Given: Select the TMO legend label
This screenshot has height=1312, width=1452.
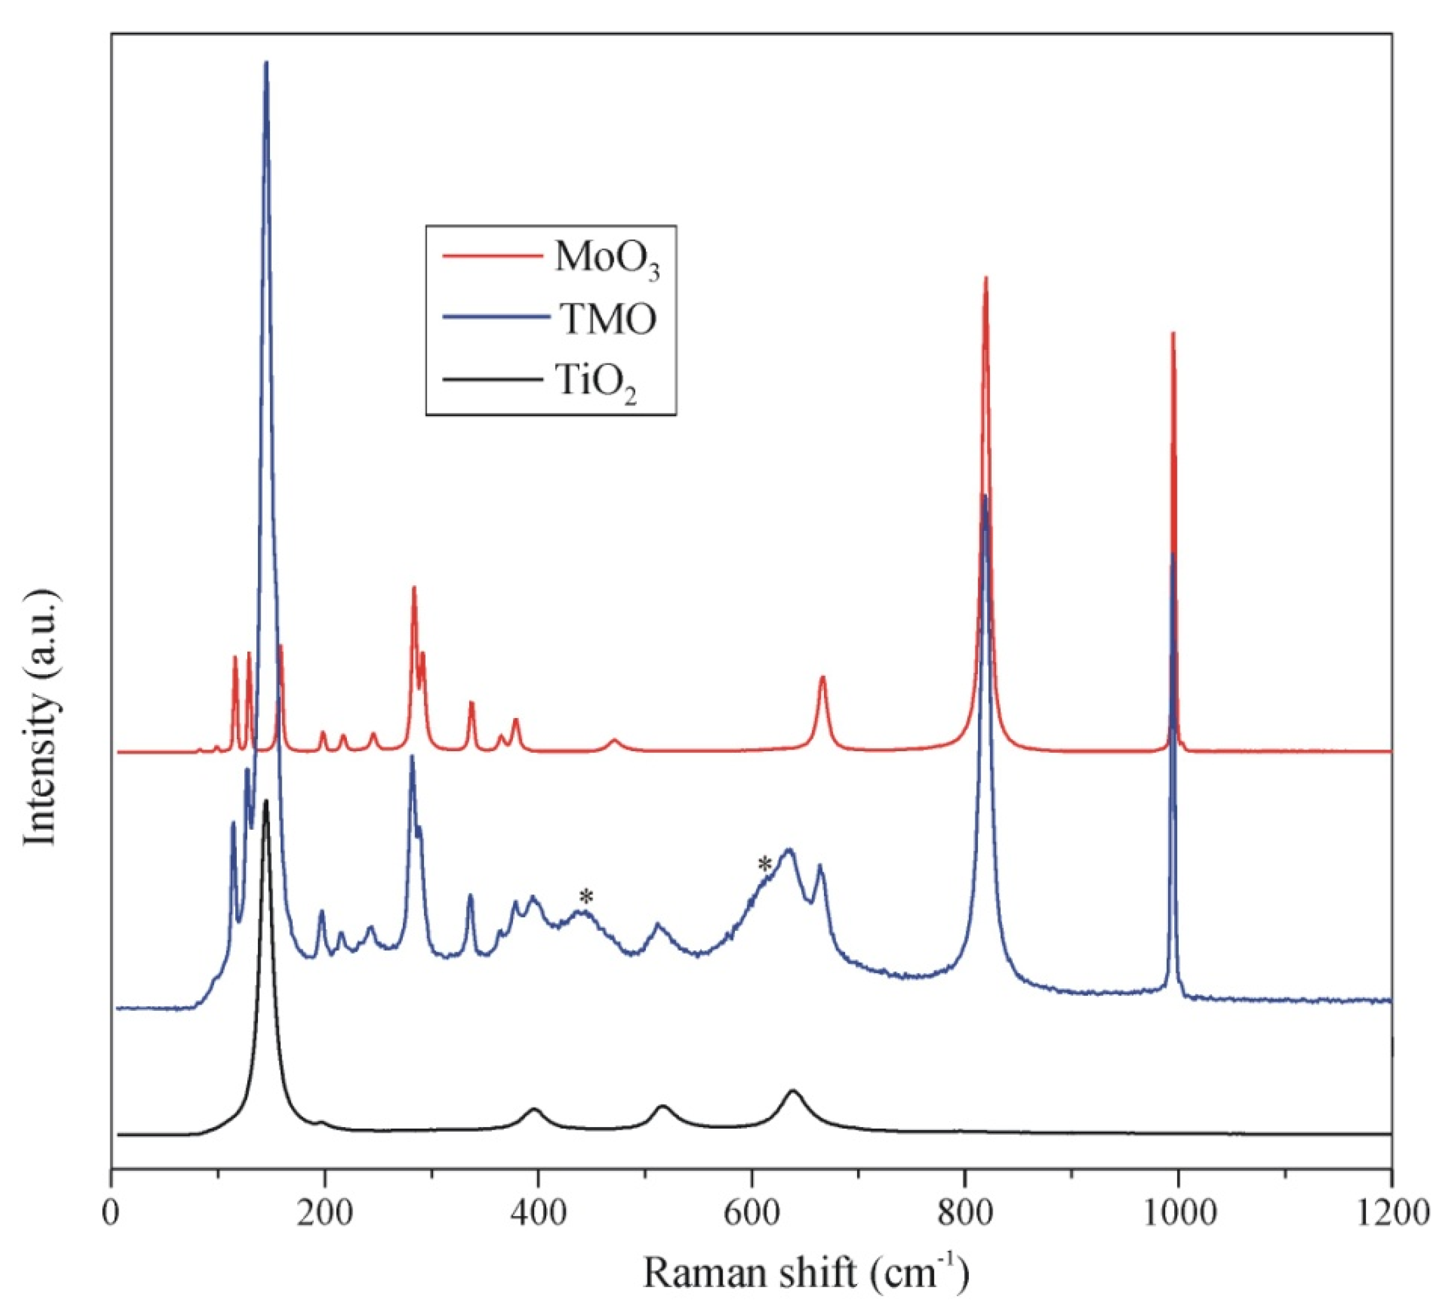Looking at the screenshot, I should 609,321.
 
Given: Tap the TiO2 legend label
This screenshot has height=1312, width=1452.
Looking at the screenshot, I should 597,382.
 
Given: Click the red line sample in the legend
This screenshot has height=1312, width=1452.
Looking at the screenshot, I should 492,256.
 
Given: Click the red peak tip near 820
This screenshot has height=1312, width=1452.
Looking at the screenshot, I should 986,277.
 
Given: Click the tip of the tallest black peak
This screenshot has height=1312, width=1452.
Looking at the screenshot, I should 267,801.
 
